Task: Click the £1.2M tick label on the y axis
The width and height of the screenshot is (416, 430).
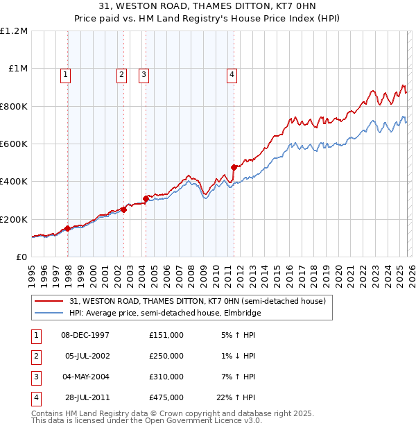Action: (x=14, y=31)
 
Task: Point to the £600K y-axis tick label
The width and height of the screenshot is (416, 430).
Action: (x=14, y=144)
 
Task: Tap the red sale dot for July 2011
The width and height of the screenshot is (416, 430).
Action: (x=234, y=167)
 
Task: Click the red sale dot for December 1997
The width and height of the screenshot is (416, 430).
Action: (x=68, y=228)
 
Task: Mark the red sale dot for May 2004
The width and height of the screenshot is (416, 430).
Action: (x=146, y=198)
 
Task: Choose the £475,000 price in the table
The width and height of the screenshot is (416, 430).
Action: (x=166, y=398)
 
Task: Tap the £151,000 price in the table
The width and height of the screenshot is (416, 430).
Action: (x=166, y=335)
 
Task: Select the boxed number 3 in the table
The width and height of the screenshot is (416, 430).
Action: (x=35, y=377)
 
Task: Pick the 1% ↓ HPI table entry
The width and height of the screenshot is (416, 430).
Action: (x=239, y=356)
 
